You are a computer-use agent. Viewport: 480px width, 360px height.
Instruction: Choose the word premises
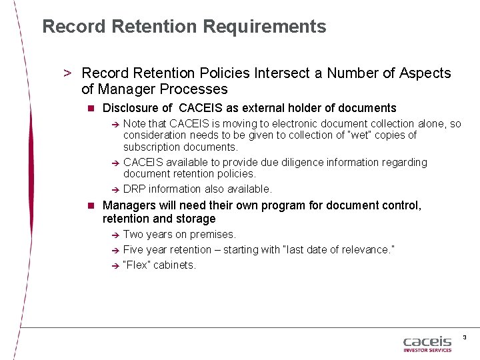(213, 234)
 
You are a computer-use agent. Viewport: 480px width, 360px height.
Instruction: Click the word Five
(133, 249)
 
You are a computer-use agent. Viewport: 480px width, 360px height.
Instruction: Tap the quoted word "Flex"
(137, 265)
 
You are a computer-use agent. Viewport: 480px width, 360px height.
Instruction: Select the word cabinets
(175, 265)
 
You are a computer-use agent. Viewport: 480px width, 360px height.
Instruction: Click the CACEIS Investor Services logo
(427, 343)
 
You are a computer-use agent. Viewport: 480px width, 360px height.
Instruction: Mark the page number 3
(464, 337)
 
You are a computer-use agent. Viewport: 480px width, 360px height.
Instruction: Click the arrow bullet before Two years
(115, 235)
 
